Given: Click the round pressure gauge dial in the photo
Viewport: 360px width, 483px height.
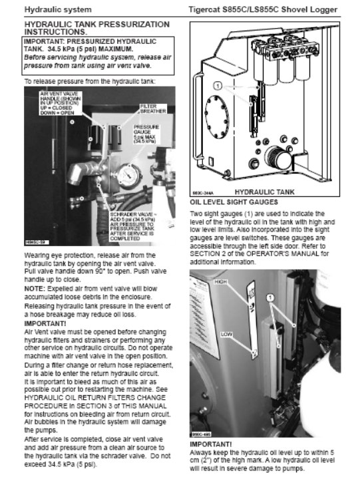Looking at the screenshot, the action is (130, 176).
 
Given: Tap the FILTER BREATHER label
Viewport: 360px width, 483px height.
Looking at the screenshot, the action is (153, 108).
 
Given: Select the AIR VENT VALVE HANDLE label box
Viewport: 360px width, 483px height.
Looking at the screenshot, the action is (61, 103).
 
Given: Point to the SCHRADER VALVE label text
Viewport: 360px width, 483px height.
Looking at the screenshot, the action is (132, 226).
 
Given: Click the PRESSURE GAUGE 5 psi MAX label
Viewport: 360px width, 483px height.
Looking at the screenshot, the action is (146, 134).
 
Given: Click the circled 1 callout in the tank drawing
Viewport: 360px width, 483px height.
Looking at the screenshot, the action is (218, 86).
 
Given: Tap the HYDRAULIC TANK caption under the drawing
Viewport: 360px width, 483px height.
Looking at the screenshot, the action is (264, 192).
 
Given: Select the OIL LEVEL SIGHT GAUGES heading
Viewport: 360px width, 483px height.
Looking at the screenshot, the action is (234, 202).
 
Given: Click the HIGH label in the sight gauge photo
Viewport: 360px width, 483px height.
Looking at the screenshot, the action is (220, 282).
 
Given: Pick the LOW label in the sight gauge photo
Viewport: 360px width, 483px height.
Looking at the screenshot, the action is (226, 334).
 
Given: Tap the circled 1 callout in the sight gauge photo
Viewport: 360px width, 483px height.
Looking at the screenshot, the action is (270, 297).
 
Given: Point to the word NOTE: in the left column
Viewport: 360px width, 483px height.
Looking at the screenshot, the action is (35, 289).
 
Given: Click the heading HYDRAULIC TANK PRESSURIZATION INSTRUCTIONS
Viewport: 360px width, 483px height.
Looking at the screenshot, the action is (96, 28).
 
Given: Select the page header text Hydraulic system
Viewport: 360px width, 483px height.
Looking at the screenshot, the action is (58, 9).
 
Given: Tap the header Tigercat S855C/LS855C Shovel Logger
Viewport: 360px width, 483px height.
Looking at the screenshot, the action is (263, 9).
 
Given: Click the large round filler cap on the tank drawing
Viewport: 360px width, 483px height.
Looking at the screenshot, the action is (278, 158).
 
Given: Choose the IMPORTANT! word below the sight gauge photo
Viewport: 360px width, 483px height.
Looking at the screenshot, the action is (210, 444).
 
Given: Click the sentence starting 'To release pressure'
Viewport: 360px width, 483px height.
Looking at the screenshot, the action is (90, 81).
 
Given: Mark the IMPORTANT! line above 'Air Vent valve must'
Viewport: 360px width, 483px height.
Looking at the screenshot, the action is (45, 324).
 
